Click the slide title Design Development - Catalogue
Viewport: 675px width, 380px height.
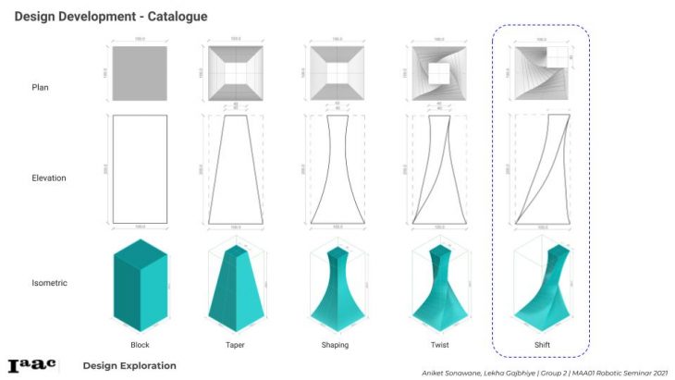click(x=111, y=17)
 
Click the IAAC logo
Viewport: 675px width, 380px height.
click(x=31, y=365)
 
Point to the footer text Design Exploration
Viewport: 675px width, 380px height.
click(x=129, y=365)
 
